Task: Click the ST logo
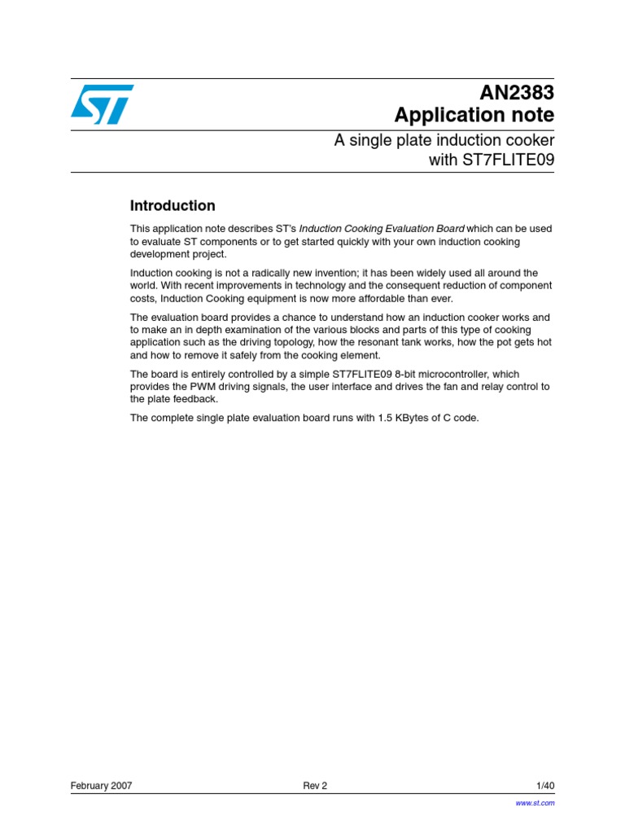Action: pos(102,104)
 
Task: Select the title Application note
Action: pos(474,115)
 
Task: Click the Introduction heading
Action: pos(173,206)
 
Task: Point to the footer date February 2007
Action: pos(102,786)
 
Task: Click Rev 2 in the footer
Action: pos(315,786)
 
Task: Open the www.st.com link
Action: pos(535,803)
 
